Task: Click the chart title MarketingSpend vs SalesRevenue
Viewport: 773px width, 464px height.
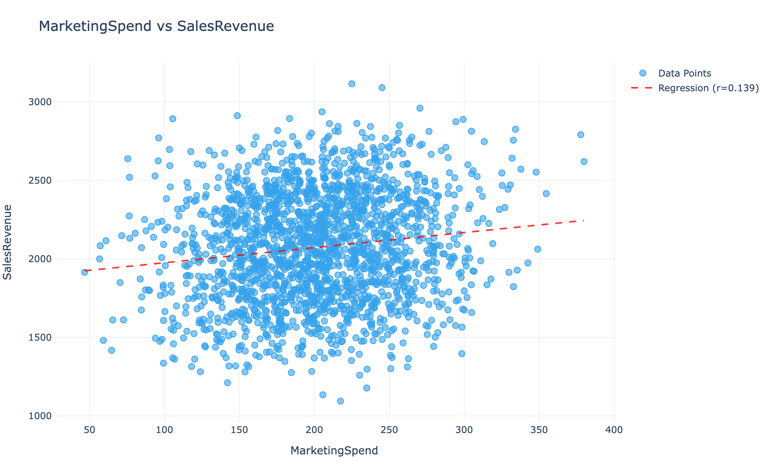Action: pos(157,26)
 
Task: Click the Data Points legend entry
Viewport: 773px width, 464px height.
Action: pos(684,73)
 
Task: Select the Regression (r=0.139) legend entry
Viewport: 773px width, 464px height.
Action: pos(708,88)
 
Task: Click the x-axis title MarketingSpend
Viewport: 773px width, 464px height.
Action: pos(334,451)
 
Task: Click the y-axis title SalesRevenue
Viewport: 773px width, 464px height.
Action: pos(8,242)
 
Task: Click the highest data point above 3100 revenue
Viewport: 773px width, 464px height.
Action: pos(352,84)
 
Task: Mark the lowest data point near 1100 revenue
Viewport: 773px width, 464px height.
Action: pos(341,401)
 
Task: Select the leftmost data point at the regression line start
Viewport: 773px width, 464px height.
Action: pos(85,272)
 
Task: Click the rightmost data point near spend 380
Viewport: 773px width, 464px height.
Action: pos(584,162)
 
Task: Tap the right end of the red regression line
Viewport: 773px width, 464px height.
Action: pos(583,220)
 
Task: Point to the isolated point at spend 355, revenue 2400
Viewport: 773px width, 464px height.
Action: pos(546,193)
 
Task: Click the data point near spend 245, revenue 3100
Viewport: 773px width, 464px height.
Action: pos(382,88)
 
